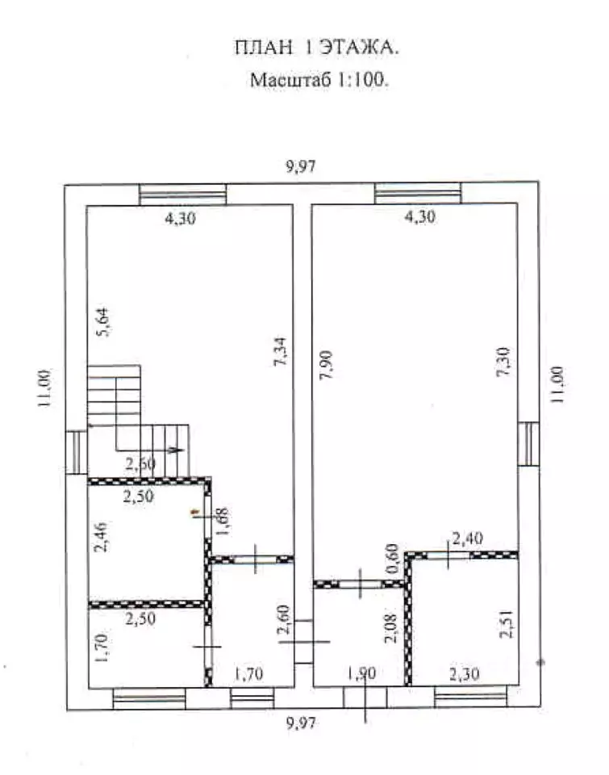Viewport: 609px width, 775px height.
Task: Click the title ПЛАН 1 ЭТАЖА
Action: [x=316, y=48]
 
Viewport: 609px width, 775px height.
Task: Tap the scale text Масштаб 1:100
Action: [x=319, y=80]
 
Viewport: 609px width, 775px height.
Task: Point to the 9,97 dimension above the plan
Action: [x=301, y=166]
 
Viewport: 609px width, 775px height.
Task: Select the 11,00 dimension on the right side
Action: [x=557, y=384]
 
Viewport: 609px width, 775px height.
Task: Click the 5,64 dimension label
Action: [x=104, y=322]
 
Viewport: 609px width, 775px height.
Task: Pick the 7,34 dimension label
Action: [x=280, y=351]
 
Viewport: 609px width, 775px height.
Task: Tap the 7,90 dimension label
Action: [x=327, y=364]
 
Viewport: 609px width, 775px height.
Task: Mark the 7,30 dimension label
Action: [x=503, y=362]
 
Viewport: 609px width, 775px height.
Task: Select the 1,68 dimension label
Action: [x=223, y=522]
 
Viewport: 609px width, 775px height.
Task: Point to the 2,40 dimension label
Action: [x=467, y=538]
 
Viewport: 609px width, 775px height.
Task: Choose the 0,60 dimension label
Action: [x=393, y=558]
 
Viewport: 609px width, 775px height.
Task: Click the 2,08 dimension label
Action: [x=390, y=628]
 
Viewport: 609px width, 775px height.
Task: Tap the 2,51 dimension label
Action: [x=507, y=625]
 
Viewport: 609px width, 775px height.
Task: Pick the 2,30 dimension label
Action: [x=465, y=674]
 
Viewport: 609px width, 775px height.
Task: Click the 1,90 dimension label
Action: [x=361, y=673]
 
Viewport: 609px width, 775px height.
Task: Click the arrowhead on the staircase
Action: [x=176, y=450]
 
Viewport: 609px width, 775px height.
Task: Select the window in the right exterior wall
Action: [x=528, y=443]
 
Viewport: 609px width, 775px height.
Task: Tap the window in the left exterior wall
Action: [x=77, y=452]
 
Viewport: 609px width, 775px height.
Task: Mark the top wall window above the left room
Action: [x=183, y=195]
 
